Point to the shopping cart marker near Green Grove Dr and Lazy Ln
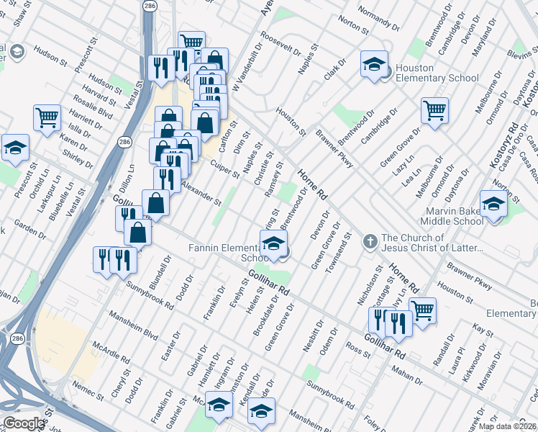(434, 112)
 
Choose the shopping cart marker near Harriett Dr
(47, 117)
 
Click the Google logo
(24, 423)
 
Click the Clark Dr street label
(335, 70)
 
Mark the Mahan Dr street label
(408, 376)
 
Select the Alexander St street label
(201, 192)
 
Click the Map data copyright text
(507, 426)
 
